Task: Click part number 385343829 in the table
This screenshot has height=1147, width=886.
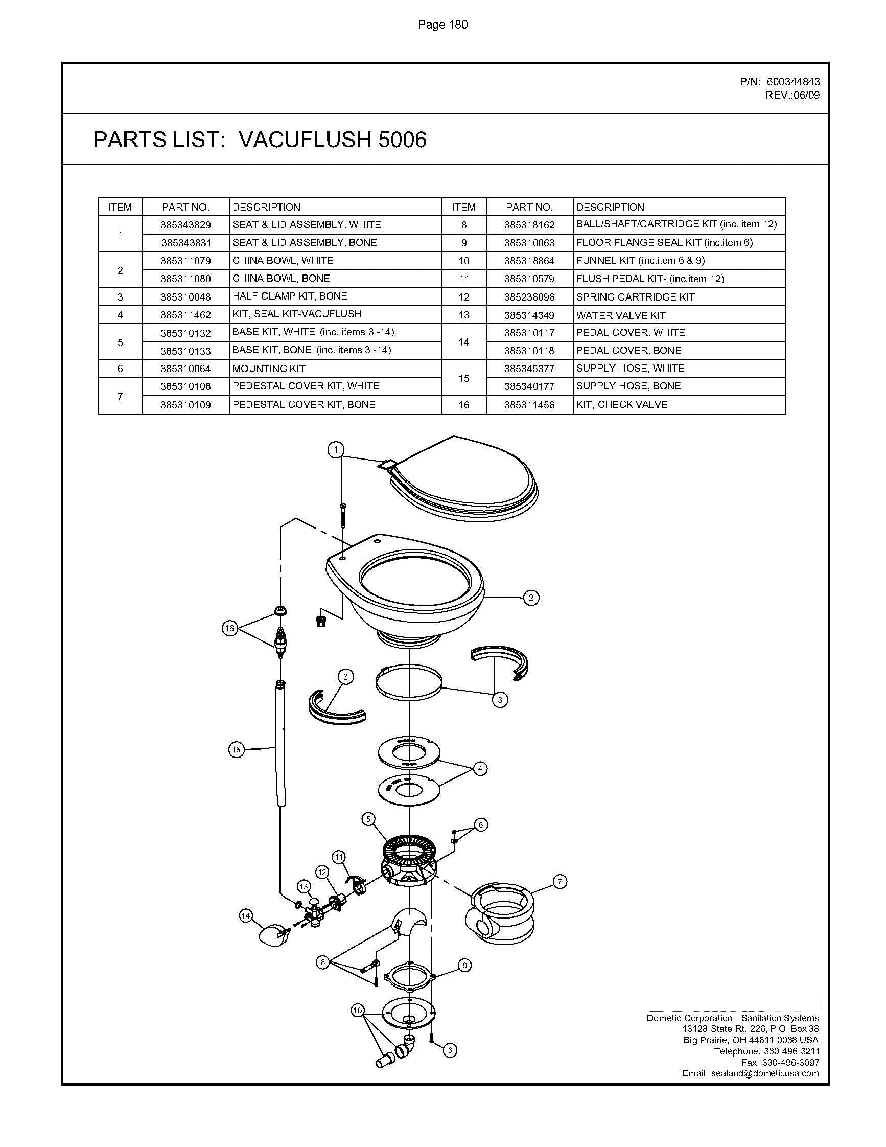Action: point(185,225)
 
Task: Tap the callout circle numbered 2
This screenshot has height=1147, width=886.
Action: point(531,598)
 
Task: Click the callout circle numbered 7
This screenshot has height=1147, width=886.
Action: point(560,882)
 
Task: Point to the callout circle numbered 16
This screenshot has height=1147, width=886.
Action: point(230,629)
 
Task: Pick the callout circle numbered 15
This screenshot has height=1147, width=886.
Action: point(236,749)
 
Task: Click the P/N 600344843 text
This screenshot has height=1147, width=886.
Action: point(779,81)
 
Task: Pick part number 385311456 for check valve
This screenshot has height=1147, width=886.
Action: point(529,405)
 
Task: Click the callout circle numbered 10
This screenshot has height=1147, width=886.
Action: point(358,1011)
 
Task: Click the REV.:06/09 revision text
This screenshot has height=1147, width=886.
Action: point(792,95)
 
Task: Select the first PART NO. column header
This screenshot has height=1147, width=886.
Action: point(185,207)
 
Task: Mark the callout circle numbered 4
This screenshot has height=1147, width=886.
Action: point(480,769)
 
